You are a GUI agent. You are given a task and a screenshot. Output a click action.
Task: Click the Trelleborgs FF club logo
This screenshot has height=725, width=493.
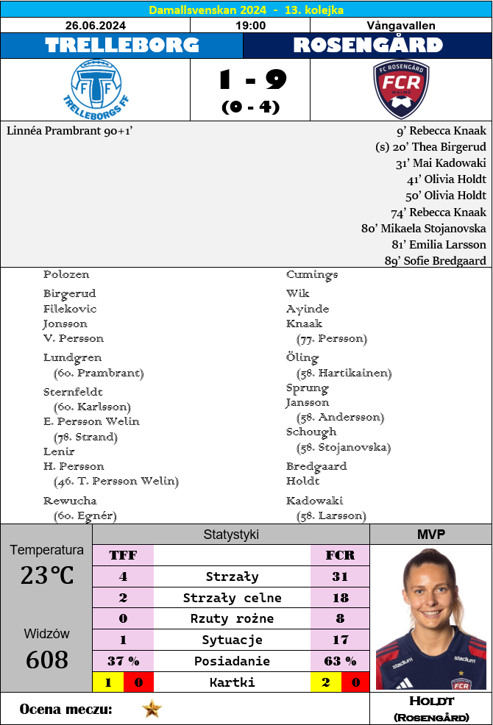95,90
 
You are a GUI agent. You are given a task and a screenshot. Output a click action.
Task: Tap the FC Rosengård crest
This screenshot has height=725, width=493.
401,90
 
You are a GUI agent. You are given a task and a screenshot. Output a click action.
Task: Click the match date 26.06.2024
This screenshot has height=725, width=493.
95,25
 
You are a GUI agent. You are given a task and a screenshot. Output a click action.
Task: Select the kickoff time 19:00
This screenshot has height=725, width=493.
250,25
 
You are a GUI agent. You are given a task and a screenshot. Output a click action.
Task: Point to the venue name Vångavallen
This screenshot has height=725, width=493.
401,25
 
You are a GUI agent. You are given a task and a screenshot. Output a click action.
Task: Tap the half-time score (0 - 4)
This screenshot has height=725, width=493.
250,107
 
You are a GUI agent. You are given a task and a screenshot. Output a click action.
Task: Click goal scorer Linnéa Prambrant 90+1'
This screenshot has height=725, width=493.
69,131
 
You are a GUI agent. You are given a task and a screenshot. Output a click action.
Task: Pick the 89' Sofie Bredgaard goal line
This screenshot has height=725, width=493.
435,260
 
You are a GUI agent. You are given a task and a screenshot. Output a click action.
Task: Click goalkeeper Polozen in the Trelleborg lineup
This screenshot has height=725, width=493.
66,274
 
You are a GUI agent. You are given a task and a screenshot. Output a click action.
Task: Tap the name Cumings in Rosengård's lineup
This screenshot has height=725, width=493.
312,274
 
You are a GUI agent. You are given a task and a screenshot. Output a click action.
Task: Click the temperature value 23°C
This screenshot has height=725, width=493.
46,575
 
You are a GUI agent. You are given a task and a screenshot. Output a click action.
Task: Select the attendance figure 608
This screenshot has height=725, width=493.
46,660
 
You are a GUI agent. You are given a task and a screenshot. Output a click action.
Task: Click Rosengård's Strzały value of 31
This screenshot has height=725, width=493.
339,576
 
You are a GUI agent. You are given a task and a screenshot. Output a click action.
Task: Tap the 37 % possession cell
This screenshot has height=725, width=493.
123,661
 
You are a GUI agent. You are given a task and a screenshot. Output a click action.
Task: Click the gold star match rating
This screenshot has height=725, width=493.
152,709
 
